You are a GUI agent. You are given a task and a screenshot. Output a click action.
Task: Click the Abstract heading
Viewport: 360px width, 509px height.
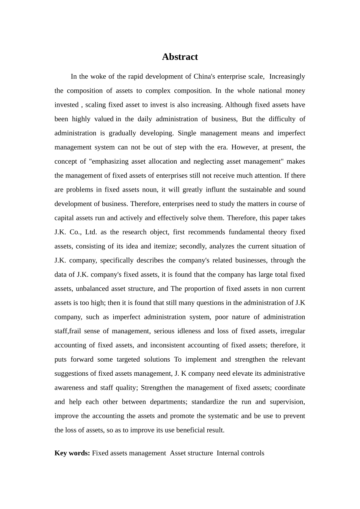click(180, 57)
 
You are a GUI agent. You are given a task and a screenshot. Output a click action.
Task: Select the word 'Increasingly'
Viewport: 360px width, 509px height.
click(287, 77)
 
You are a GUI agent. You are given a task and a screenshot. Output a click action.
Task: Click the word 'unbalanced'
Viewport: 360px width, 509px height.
click(92, 289)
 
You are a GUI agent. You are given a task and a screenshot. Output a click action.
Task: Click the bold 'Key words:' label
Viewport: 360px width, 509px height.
click(72, 453)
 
